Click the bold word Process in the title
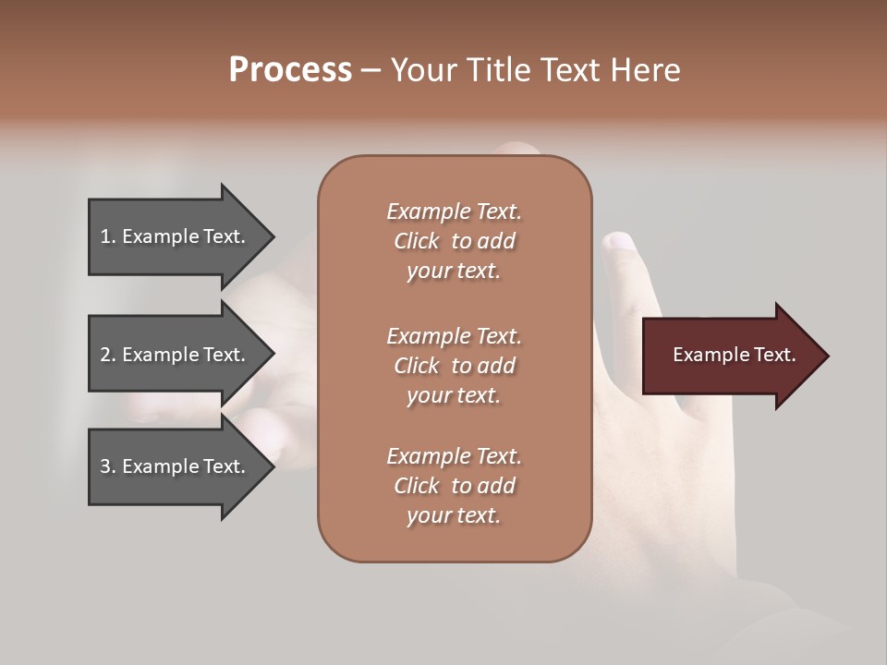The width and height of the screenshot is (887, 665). coord(290,70)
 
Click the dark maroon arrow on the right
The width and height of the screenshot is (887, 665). coord(730,356)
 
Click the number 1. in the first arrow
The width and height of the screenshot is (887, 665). coord(108,236)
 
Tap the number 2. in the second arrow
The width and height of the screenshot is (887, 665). coord(108,355)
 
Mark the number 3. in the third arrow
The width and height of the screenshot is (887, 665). coord(108,466)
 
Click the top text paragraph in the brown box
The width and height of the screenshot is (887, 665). coord(454,241)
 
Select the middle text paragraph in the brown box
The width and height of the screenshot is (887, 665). coord(454,366)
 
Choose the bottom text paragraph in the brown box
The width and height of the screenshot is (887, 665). coord(454,486)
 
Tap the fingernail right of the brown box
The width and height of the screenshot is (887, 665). coord(618,242)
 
